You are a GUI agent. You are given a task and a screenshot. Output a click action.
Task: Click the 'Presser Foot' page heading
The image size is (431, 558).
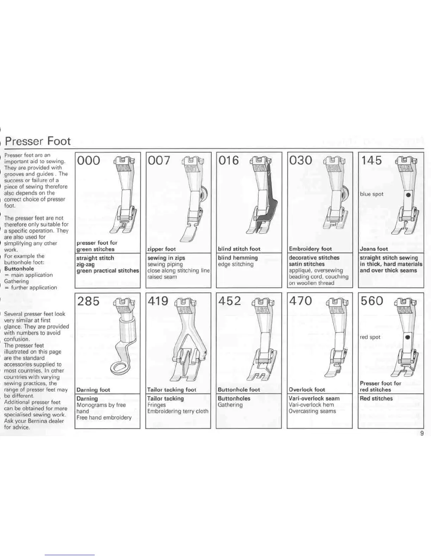(x=38, y=141)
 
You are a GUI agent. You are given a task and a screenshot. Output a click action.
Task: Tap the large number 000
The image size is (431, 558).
(x=88, y=161)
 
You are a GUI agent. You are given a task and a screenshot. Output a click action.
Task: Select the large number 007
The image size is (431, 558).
(x=159, y=161)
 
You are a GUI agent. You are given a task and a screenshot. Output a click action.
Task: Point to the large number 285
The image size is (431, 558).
(x=88, y=301)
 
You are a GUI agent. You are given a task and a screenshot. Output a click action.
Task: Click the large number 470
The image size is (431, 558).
(x=301, y=301)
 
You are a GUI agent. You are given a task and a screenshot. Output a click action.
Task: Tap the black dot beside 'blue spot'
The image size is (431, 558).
(x=408, y=194)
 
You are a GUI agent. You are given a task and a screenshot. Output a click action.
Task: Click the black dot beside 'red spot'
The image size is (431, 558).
(x=408, y=337)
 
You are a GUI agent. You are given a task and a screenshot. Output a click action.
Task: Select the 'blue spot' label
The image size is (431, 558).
(x=371, y=194)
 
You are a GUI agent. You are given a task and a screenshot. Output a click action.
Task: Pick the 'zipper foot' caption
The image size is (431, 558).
(x=161, y=249)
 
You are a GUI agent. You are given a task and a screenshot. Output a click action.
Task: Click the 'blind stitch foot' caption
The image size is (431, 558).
(x=239, y=249)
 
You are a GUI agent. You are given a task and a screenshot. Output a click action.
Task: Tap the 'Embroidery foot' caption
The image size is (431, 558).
(x=310, y=249)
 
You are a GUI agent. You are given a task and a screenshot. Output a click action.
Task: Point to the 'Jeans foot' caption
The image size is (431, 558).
(x=374, y=249)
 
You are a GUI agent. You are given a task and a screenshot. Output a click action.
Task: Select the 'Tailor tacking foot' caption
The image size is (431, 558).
(x=171, y=390)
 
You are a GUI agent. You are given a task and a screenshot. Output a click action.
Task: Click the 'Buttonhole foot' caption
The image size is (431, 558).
(x=239, y=390)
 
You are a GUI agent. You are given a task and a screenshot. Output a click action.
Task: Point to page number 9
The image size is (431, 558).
(x=422, y=433)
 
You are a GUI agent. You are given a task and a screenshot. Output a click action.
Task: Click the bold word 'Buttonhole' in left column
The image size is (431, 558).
(x=19, y=269)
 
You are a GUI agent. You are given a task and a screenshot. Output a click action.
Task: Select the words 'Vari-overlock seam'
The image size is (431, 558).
(x=314, y=398)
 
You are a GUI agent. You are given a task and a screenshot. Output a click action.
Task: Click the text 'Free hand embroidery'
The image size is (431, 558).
(x=104, y=417)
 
